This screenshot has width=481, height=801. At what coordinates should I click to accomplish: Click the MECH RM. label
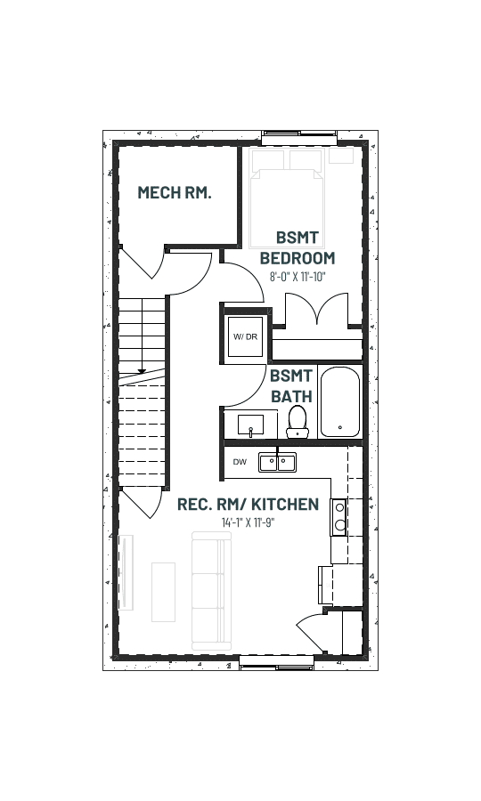(175, 192)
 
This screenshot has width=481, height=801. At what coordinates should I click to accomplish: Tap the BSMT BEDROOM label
(298, 247)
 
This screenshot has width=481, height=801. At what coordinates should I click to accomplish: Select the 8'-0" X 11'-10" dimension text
(298, 277)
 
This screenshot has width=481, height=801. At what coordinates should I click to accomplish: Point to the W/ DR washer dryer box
(245, 336)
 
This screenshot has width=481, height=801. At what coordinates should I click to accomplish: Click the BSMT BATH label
(291, 386)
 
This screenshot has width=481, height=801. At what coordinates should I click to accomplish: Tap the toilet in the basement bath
(298, 422)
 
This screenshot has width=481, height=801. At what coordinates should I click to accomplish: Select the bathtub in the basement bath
(340, 401)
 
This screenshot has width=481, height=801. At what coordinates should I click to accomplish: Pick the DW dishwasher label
(240, 462)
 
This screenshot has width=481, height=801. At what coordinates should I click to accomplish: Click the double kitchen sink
(278, 462)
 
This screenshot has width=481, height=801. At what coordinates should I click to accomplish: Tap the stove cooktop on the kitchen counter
(338, 517)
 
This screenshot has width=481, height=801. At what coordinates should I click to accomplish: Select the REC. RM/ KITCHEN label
(248, 505)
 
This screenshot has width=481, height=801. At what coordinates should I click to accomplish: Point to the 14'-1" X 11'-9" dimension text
(248, 522)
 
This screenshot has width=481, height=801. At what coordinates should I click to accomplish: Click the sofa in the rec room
(211, 591)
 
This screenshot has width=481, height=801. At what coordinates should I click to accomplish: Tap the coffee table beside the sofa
(164, 592)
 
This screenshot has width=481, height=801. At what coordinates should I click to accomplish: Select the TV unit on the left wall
(126, 572)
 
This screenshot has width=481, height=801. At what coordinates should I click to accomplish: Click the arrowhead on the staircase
(142, 371)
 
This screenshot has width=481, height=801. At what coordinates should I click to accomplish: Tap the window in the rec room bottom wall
(276, 662)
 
